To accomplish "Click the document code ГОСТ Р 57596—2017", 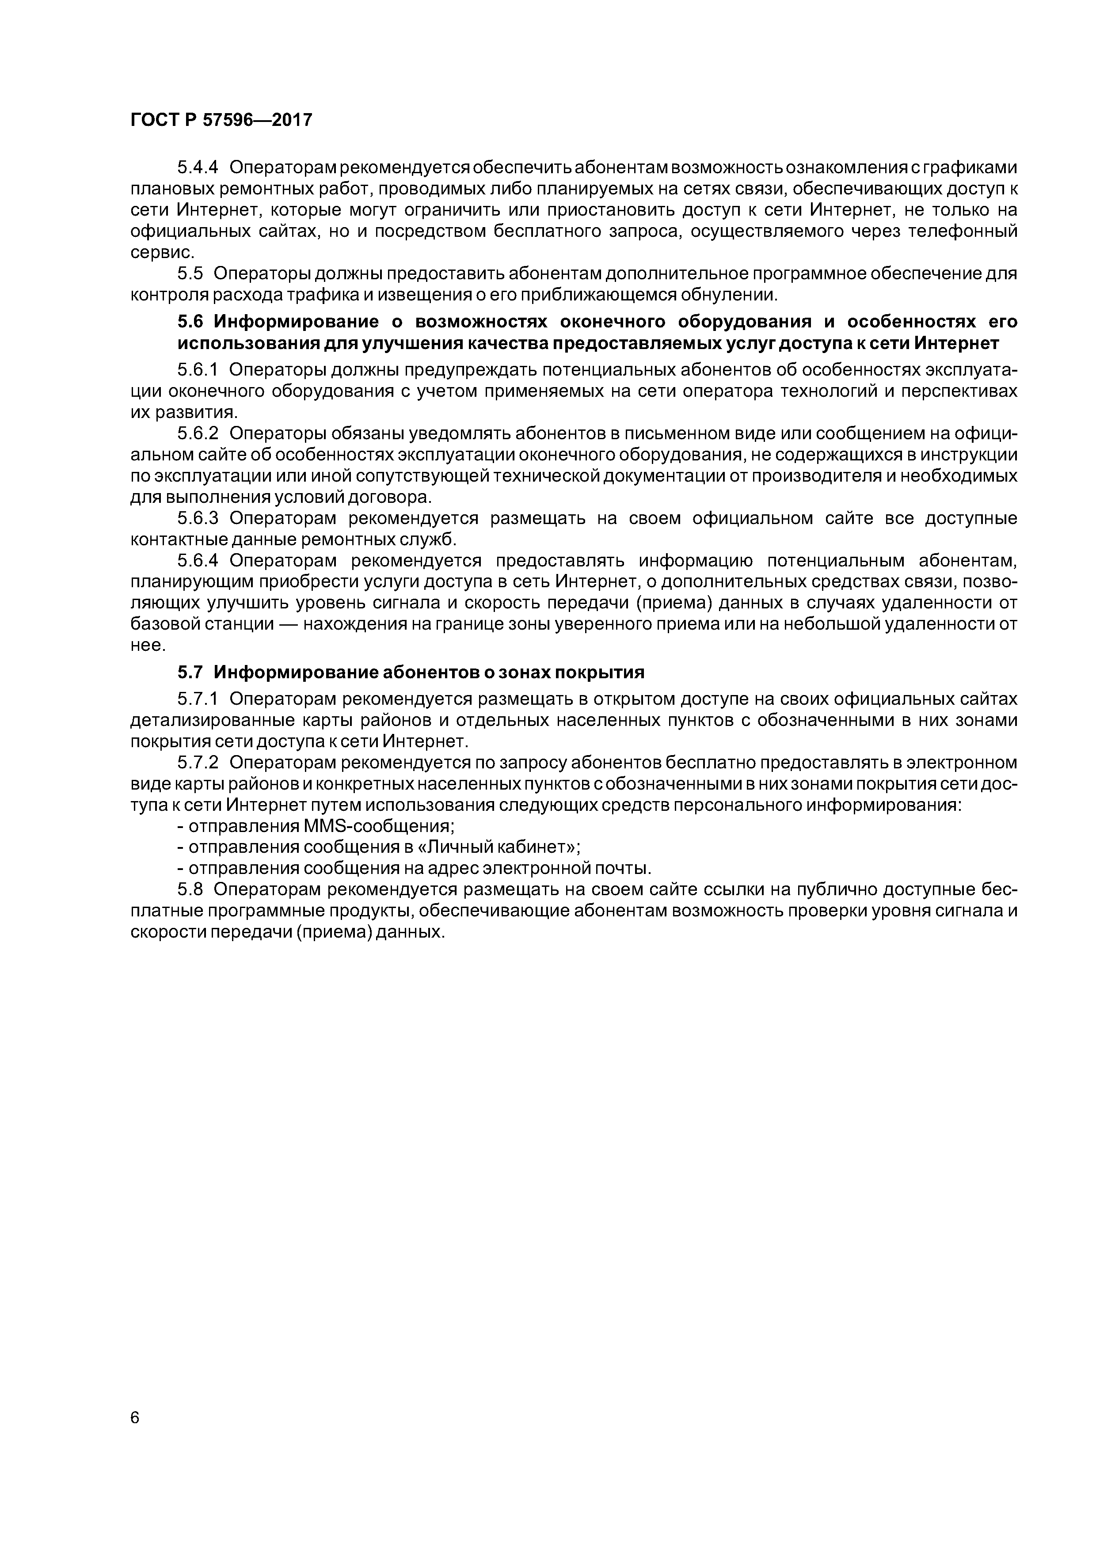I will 221,120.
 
